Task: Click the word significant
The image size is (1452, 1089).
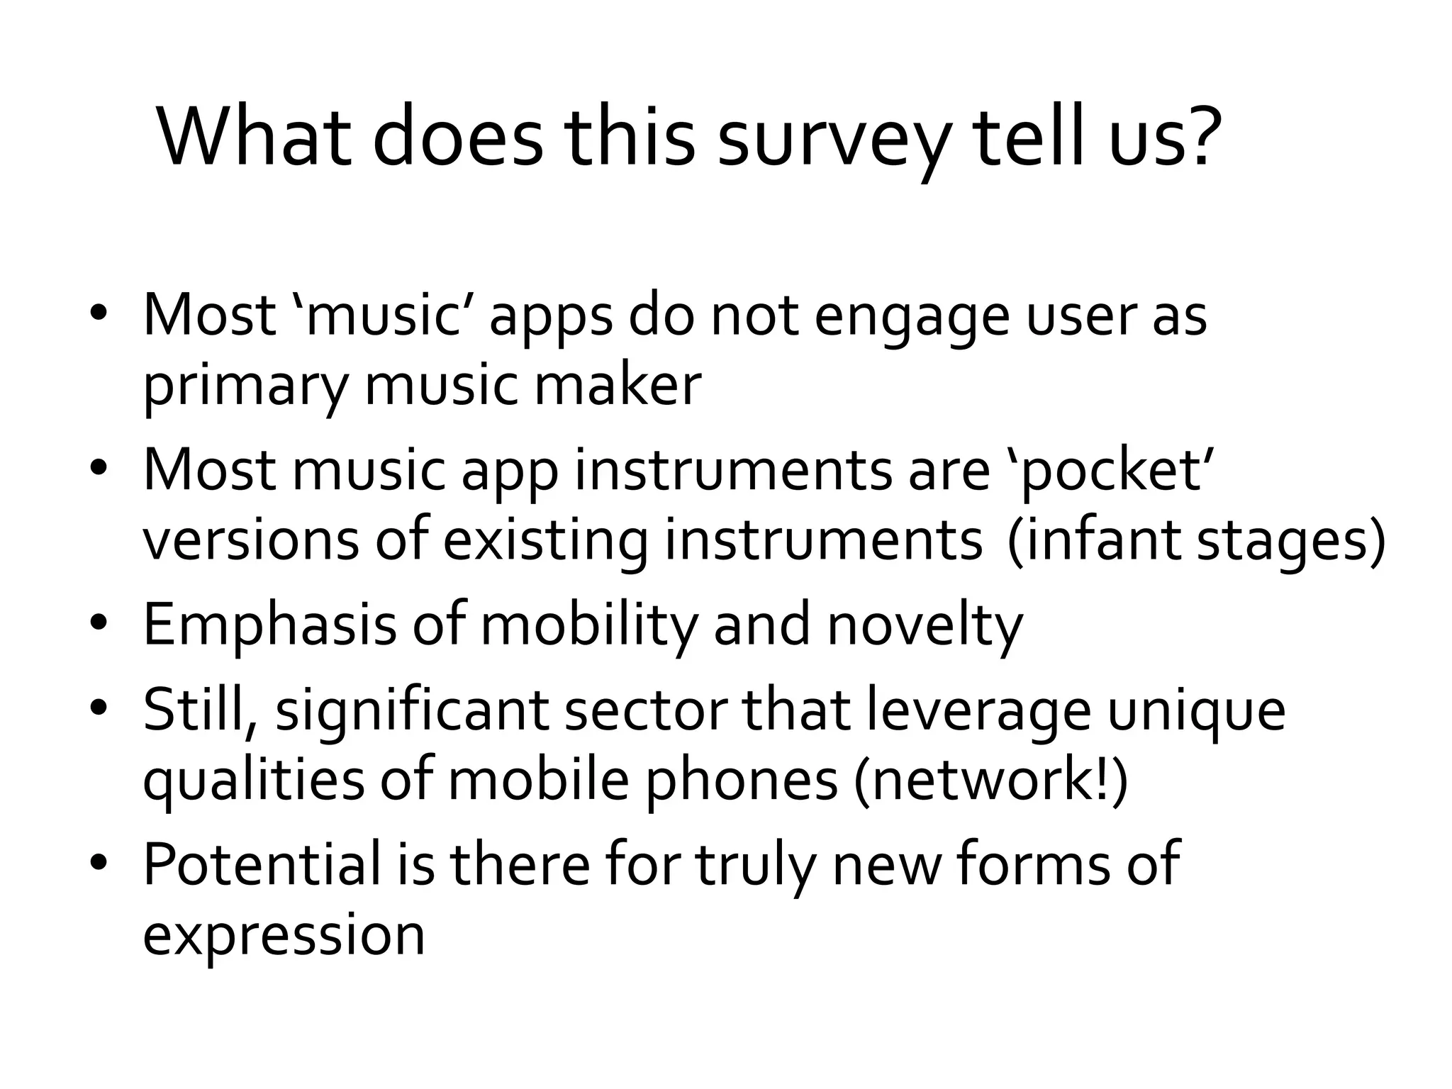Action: click(x=412, y=713)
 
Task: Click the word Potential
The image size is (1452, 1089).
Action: click(x=262, y=865)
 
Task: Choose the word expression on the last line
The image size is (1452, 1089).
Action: click(x=284, y=936)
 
